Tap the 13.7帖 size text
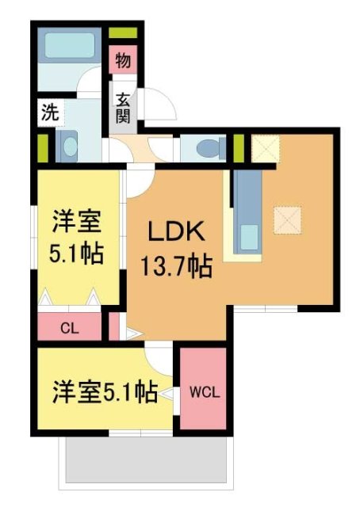(176, 266)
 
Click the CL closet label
(70, 326)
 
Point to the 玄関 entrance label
(124, 108)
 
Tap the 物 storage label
(123, 59)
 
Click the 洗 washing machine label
(49, 113)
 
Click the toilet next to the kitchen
(208, 147)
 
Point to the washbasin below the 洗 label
(69, 145)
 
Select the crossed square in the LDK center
(287, 219)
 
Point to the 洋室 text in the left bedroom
(76, 218)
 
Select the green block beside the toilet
(237, 147)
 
